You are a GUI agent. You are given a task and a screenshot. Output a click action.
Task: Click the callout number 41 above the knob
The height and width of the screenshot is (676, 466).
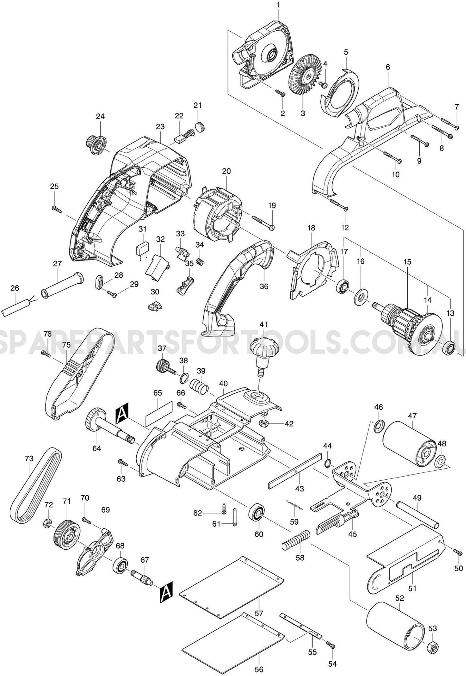click(x=263, y=325)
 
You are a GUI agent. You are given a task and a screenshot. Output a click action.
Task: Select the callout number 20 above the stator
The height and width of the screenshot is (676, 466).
click(x=226, y=171)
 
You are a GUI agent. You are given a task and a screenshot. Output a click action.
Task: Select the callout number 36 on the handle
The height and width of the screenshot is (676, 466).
click(x=264, y=286)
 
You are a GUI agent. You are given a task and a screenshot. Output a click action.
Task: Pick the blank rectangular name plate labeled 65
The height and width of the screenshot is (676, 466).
click(x=158, y=414)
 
